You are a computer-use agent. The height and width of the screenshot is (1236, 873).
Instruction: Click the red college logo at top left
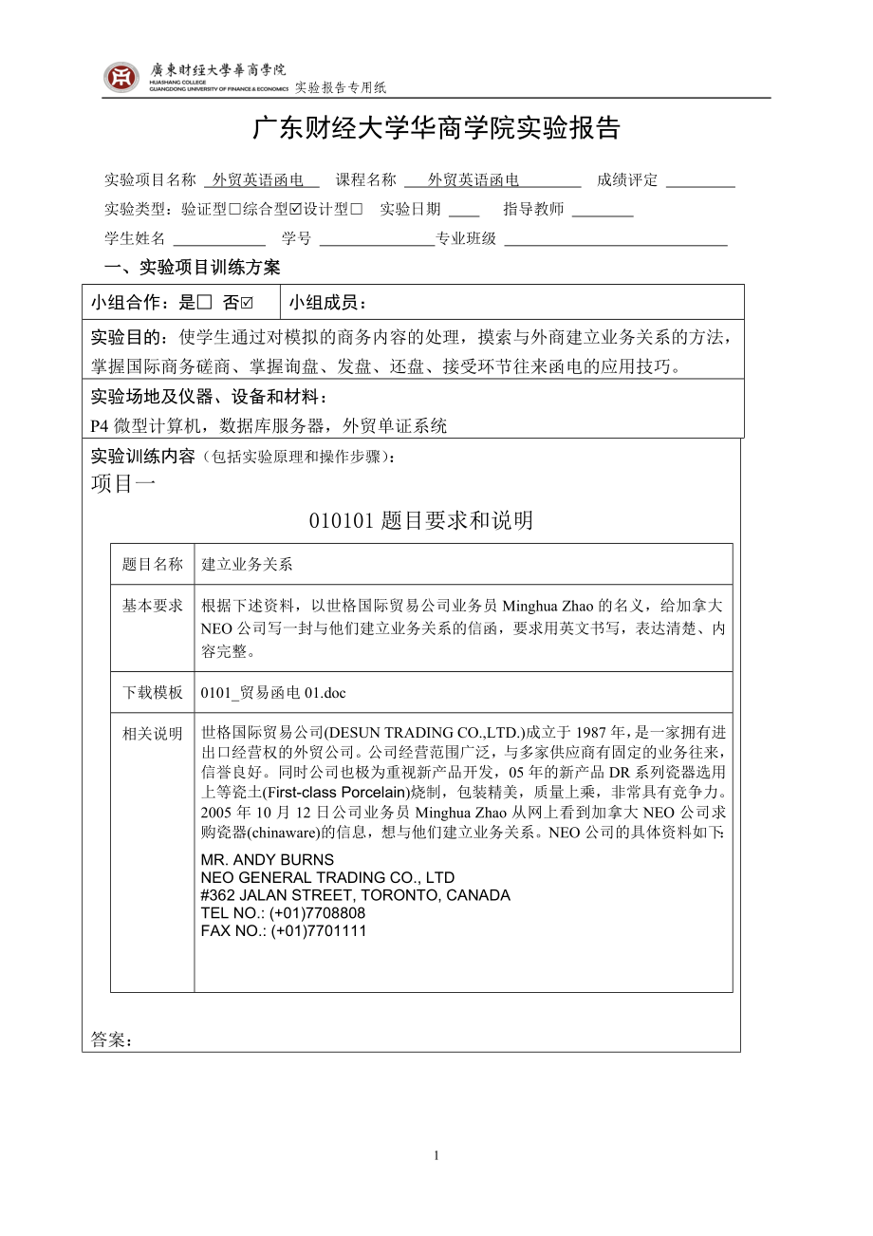[x=121, y=77]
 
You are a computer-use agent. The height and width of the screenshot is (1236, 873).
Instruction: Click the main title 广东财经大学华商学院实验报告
[x=436, y=129]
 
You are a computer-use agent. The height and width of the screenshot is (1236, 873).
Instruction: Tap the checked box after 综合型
[x=295, y=209]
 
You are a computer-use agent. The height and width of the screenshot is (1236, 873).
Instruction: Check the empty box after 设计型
[x=357, y=209]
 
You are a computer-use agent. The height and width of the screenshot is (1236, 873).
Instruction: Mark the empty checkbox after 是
[x=204, y=303]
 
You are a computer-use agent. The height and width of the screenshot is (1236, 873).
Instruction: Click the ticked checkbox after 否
[x=247, y=303]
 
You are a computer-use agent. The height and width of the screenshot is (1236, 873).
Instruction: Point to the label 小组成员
[x=327, y=303]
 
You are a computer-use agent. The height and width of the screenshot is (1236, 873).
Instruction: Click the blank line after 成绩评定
[x=700, y=180]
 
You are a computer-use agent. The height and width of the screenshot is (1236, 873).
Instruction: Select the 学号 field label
[x=296, y=238]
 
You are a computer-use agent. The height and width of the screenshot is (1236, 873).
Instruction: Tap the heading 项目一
[x=123, y=483]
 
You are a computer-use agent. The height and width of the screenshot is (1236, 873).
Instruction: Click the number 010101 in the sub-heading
[x=343, y=520]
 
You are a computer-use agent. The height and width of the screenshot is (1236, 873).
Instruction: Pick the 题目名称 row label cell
[x=153, y=564]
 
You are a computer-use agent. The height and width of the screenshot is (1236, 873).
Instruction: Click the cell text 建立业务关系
[x=247, y=564]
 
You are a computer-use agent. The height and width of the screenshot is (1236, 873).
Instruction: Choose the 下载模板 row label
[x=153, y=692]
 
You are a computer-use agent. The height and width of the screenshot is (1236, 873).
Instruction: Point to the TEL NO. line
[x=283, y=913]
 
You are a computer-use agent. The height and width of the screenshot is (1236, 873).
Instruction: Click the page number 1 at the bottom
[x=436, y=1155]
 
